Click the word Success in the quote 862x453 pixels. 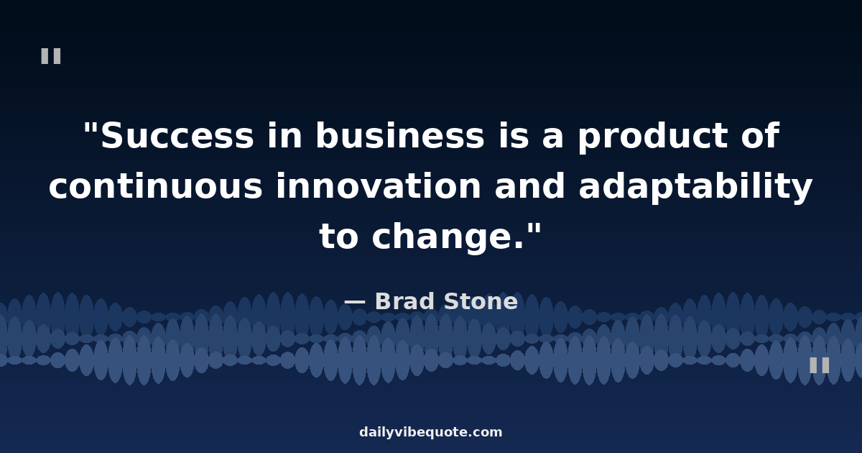[x=177, y=135]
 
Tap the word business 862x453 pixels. [x=400, y=134]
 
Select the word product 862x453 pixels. [x=653, y=137]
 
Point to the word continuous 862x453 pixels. [x=155, y=186]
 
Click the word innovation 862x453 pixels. [x=379, y=186]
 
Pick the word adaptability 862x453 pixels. [x=695, y=187]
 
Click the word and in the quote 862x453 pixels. [x=530, y=186]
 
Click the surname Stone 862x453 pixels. [x=481, y=301]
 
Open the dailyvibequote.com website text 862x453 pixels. [x=430, y=432]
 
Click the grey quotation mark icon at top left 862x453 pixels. [x=51, y=56]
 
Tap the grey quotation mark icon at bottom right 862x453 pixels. [x=820, y=365]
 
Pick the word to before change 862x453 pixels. [x=338, y=236]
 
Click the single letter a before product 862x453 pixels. [x=553, y=138]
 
